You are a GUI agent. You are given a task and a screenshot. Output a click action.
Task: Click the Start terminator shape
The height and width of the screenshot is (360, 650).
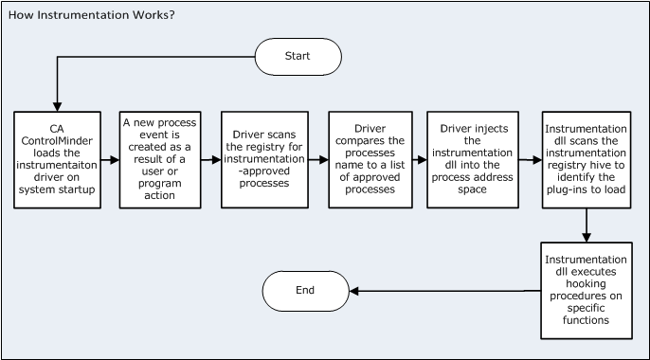tap(298, 57)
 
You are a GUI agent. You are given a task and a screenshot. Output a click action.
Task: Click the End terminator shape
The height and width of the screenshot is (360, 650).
tap(304, 291)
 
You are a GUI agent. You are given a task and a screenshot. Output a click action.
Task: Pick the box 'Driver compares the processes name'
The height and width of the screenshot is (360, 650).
tap(370, 159)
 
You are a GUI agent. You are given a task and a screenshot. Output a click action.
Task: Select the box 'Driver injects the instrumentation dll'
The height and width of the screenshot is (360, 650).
tap(470, 159)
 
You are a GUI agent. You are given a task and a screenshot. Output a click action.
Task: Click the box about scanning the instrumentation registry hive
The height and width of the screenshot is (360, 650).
tap(587, 159)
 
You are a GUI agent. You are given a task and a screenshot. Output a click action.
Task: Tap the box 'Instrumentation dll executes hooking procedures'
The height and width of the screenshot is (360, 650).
tap(587, 289)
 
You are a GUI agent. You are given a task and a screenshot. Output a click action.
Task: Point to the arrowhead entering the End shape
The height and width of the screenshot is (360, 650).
tap(352, 291)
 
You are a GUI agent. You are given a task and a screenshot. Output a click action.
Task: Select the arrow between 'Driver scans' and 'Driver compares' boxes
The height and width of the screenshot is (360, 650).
tap(316, 160)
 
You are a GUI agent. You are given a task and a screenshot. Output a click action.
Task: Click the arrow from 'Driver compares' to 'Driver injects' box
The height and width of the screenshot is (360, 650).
tap(419, 160)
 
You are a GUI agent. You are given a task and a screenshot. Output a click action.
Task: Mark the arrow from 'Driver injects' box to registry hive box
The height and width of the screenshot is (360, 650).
tap(527, 160)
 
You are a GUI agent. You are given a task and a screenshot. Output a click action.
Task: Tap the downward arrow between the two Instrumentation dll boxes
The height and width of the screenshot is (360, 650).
tap(587, 225)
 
